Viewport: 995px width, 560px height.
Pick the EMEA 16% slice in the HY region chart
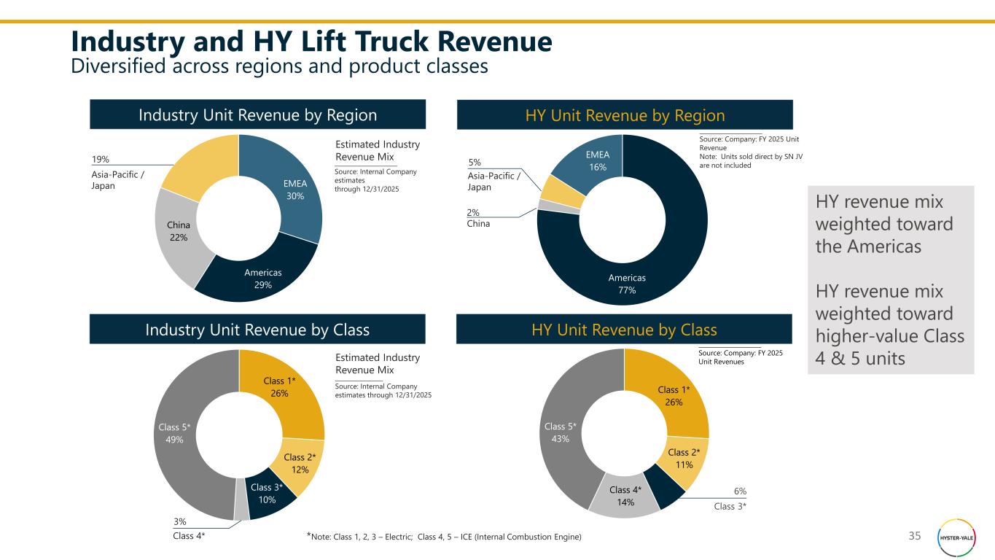(598, 161)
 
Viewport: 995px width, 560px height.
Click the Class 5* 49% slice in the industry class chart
(174, 433)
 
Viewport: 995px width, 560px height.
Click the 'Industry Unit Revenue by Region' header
(257, 115)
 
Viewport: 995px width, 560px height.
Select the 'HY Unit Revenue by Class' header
(624, 329)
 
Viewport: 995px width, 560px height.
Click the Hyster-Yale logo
(954, 538)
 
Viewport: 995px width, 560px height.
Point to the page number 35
(915, 537)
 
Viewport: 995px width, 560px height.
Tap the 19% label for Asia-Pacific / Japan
(100, 159)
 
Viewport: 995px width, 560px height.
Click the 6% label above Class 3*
(739, 492)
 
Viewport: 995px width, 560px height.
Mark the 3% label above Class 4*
(179, 521)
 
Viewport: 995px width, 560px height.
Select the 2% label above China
(473, 212)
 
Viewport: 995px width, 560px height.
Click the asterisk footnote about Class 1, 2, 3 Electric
(444, 537)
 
